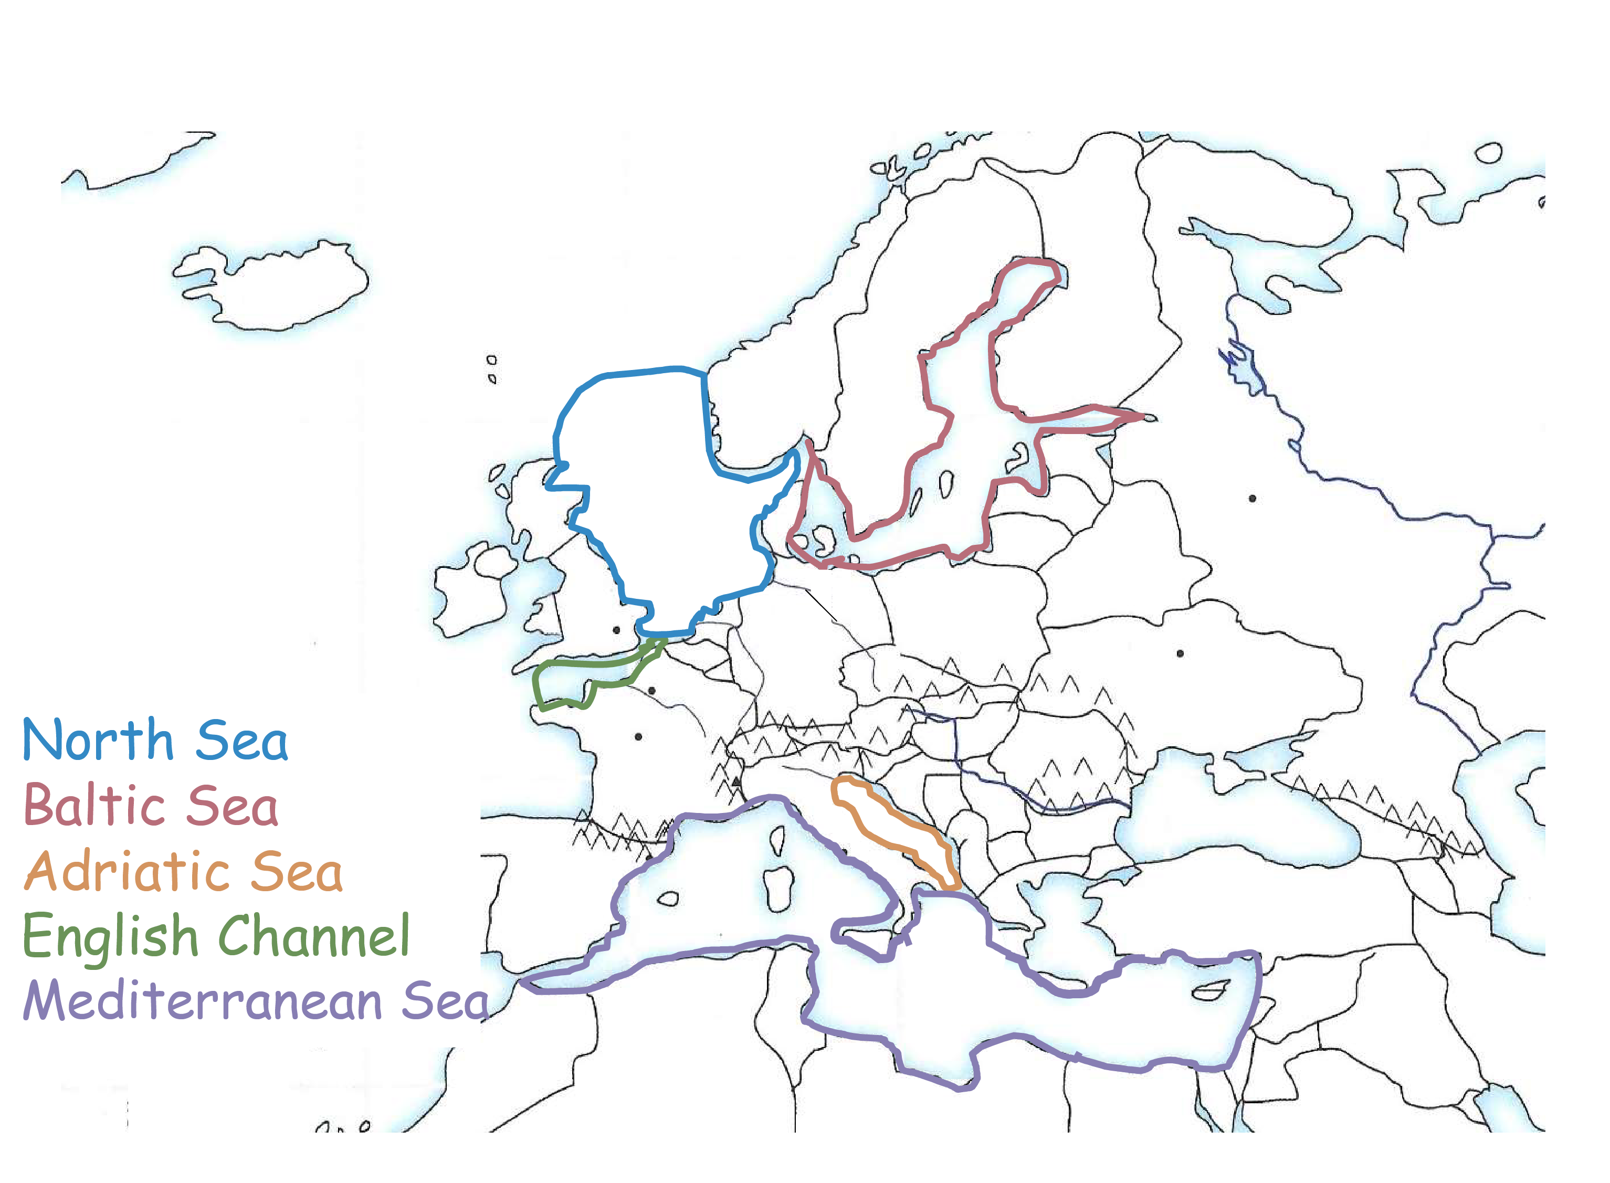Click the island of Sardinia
(776, 888)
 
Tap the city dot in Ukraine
(1180, 653)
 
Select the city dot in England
(616, 630)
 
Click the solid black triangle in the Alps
(736, 781)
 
